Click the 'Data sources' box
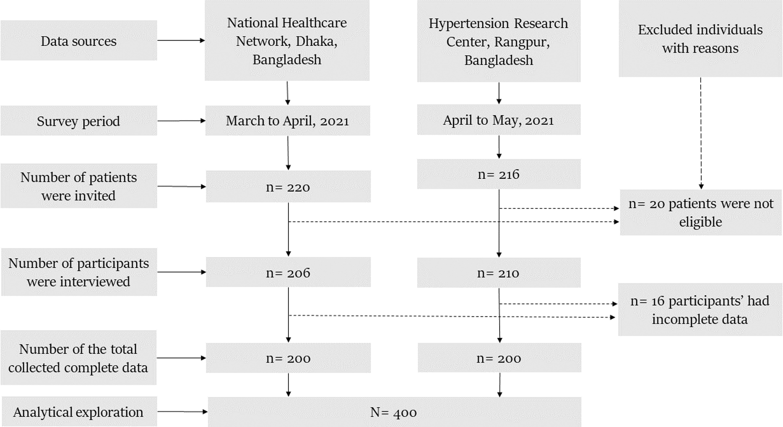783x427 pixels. [x=79, y=40]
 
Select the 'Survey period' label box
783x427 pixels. [x=79, y=121]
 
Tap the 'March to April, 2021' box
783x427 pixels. [x=288, y=121]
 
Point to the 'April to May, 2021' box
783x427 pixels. [x=499, y=120]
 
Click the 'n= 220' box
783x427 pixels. [x=288, y=187]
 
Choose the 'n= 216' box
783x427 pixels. [x=499, y=174]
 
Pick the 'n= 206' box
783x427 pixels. [x=288, y=272]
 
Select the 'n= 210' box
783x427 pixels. [x=499, y=273]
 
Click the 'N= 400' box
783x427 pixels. [x=394, y=412]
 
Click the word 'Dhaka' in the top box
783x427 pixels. [x=316, y=42]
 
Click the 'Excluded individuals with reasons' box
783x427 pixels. [x=701, y=38]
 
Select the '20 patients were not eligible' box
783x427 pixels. [x=701, y=213]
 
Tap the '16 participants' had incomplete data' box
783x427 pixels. [x=700, y=310]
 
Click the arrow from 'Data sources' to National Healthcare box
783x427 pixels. [x=181, y=40]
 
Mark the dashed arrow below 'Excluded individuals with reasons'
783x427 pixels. [x=701, y=133]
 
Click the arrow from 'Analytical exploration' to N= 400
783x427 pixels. [x=182, y=411]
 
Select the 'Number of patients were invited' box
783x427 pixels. [x=79, y=186]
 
